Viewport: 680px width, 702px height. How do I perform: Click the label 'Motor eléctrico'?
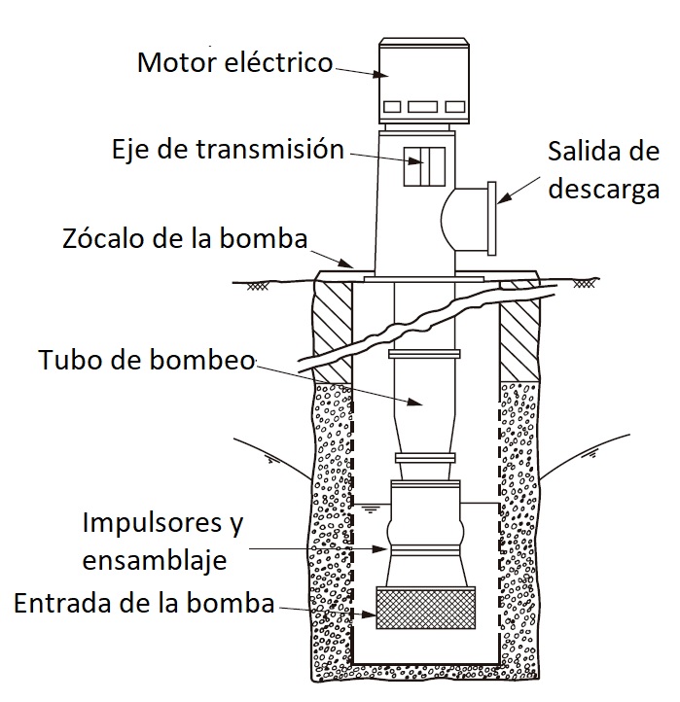[x=234, y=63]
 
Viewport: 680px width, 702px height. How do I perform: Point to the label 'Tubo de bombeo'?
[x=146, y=361]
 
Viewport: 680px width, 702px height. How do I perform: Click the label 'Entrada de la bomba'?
[x=144, y=603]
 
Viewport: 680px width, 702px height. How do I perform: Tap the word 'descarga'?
[x=603, y=189]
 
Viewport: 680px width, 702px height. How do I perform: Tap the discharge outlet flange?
[x=492, y=217]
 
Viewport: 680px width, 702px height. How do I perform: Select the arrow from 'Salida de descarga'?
[x=519, y=190]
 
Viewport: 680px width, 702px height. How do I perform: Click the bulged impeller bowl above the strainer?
[x=422, y=531]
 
